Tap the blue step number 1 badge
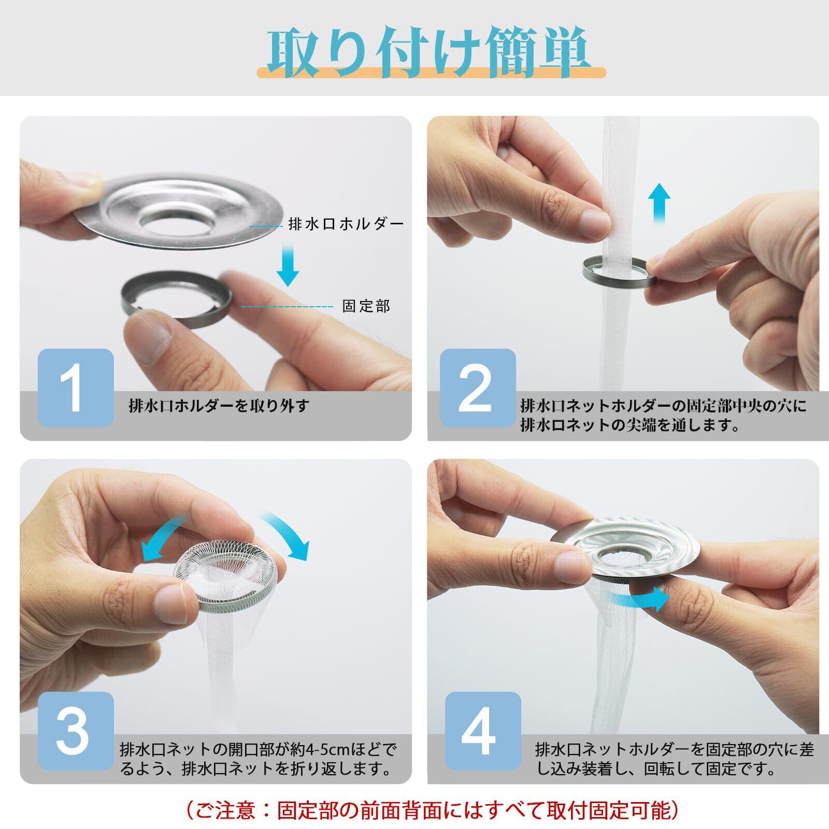tap(76, 388)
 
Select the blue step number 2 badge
tap(478, 388)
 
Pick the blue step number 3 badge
tap(76, 731)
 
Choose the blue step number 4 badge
tap(483, 731)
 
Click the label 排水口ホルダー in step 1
tap(346, 224)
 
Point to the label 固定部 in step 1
tap(366, 306)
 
